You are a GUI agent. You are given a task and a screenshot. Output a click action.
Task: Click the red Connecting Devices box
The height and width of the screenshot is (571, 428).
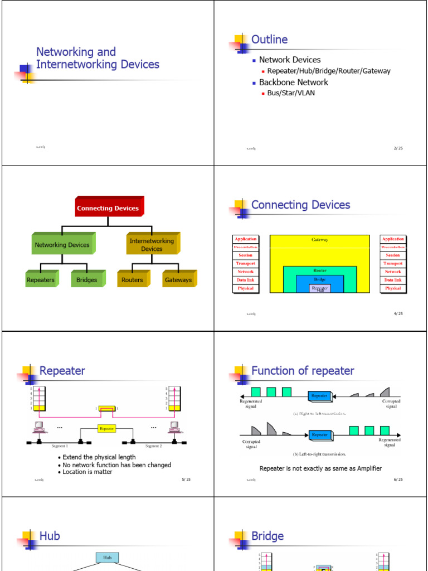click(108, 208)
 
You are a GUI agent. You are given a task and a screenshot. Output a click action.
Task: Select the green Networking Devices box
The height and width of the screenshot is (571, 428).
click(62, 245)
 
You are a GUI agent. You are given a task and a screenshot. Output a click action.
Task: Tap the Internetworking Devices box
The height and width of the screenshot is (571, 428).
click(152, 245)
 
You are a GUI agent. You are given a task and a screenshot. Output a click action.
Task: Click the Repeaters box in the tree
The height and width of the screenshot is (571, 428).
click(41, 280)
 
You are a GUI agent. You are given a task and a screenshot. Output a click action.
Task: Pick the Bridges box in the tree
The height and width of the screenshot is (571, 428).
click(87, 280)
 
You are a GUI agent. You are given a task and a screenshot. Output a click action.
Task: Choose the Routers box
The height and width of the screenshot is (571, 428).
click(133, 280)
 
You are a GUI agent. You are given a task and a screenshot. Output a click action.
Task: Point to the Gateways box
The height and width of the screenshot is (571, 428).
click(178, 280)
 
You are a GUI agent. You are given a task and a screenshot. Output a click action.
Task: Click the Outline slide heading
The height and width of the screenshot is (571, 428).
click(270, 40)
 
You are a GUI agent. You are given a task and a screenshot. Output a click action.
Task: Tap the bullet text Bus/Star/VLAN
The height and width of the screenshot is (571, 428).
click(291, 93)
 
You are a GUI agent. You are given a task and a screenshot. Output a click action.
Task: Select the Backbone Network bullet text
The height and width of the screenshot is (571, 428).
click(293, 83)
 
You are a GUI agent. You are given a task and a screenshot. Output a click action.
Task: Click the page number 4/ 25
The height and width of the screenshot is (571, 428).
click(398, 313)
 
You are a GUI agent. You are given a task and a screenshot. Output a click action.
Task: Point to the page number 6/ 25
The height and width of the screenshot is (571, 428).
click(398, 480)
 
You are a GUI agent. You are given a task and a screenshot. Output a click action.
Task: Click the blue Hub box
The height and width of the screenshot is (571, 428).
click(108, 557)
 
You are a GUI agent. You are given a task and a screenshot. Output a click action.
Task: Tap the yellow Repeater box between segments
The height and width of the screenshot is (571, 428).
click(107, 429)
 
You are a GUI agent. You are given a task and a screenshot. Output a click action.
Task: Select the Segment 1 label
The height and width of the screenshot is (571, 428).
click(60, 446)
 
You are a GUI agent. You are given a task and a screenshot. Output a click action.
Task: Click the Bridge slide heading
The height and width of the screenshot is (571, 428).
click(267, 536)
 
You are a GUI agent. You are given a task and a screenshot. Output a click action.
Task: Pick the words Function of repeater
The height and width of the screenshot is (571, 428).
click(303, 371)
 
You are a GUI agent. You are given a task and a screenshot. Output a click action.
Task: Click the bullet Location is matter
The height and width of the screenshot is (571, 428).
click(87, 472)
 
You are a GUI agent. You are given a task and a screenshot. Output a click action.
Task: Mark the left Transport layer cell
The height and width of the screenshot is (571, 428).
click(245, 264)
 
